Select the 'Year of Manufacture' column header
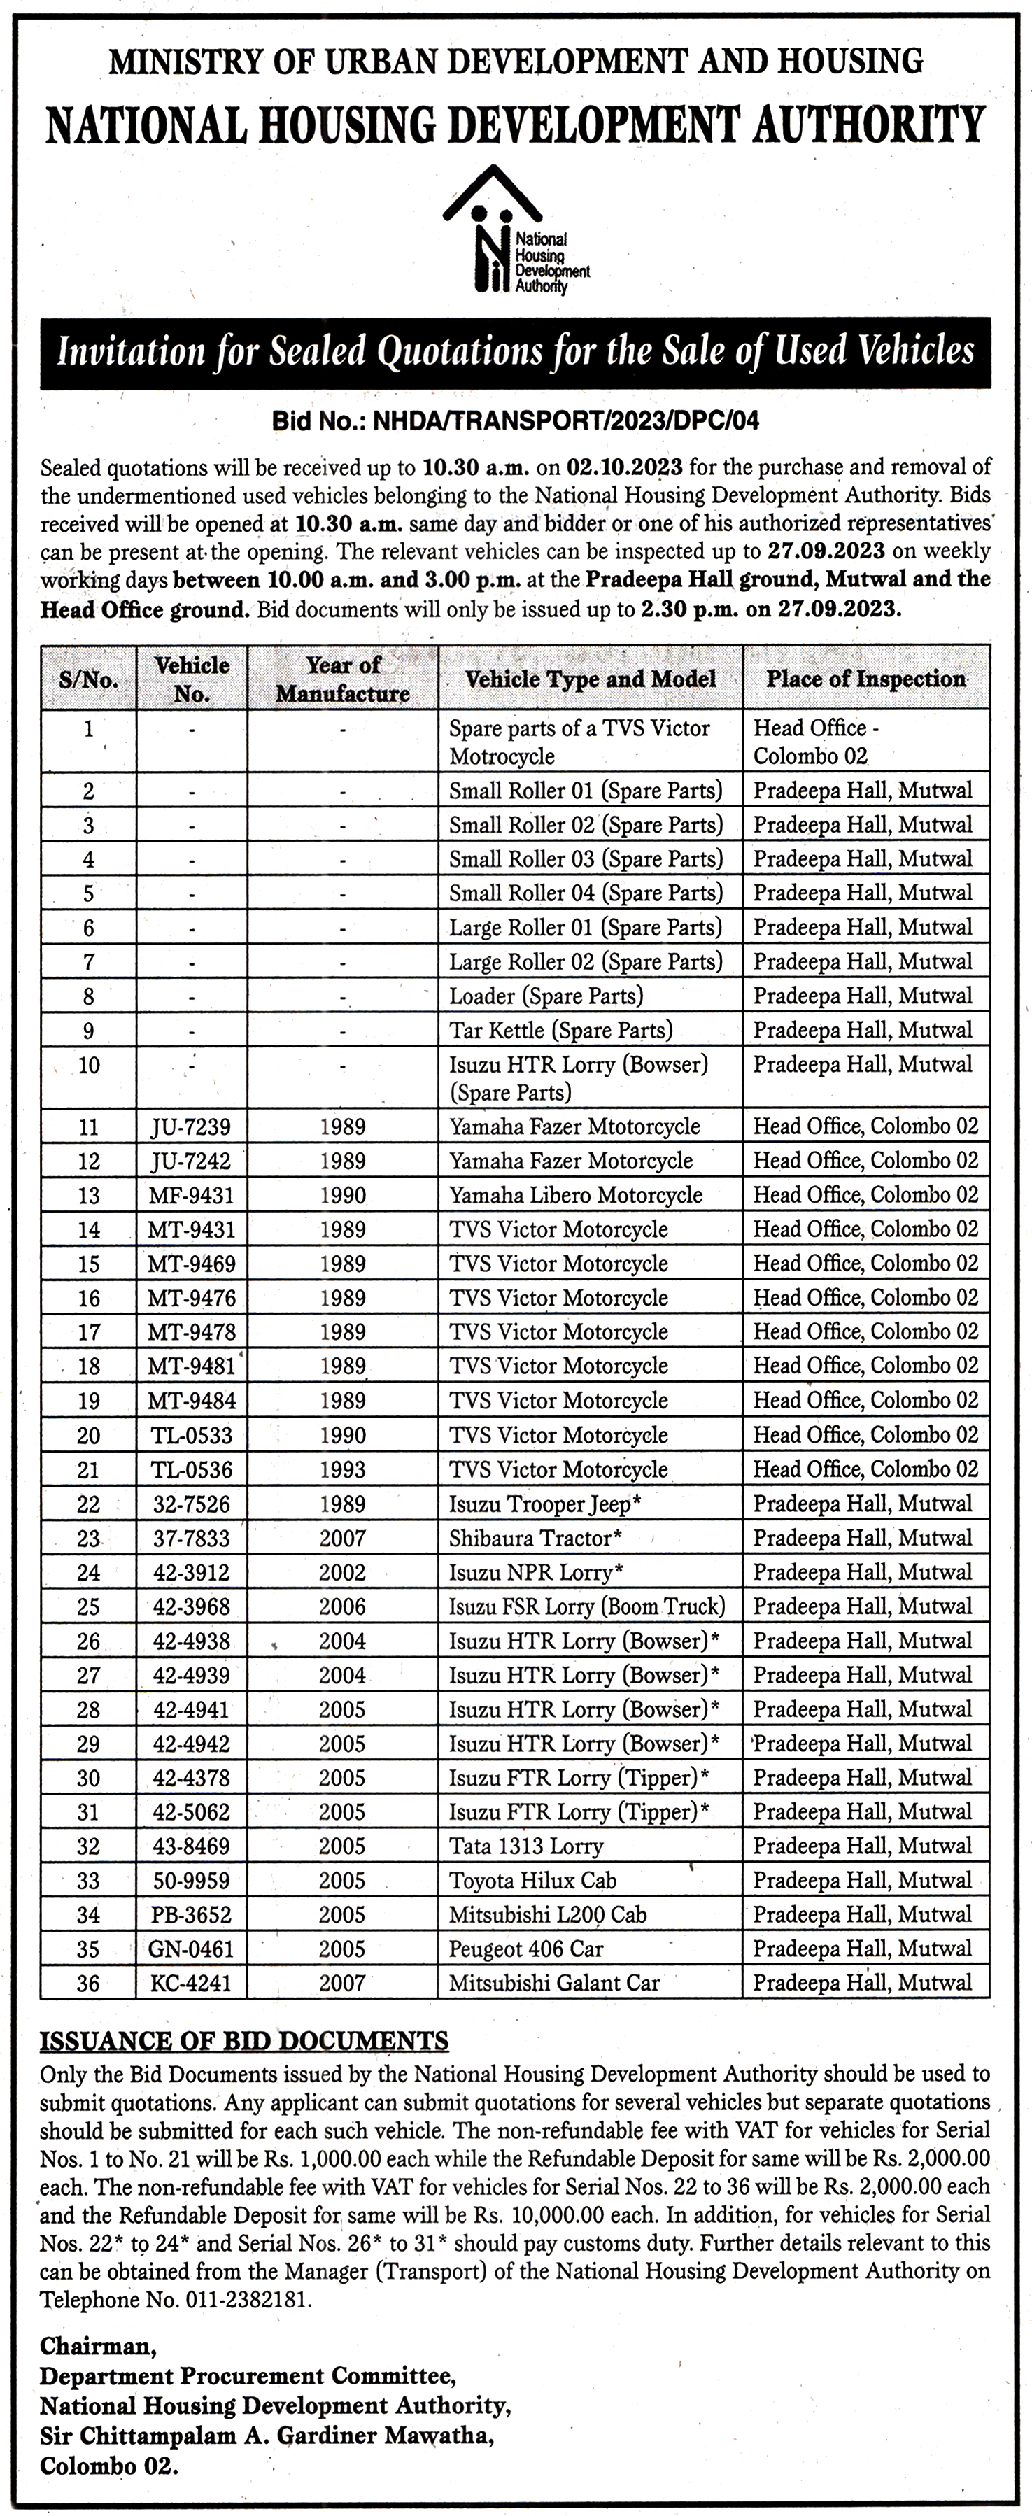tap(343, 679)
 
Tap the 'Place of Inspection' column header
tap(865, 679)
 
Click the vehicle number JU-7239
tap(192, 1127)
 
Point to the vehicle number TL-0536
tap(192, 1469)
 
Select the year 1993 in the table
tap(343, 1469)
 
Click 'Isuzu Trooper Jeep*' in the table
tap(546, 1503)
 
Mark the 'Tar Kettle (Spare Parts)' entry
tap(560, 1029)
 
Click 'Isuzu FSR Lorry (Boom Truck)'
tap(587, 1606)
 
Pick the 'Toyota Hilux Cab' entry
tap(532, 1880)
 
